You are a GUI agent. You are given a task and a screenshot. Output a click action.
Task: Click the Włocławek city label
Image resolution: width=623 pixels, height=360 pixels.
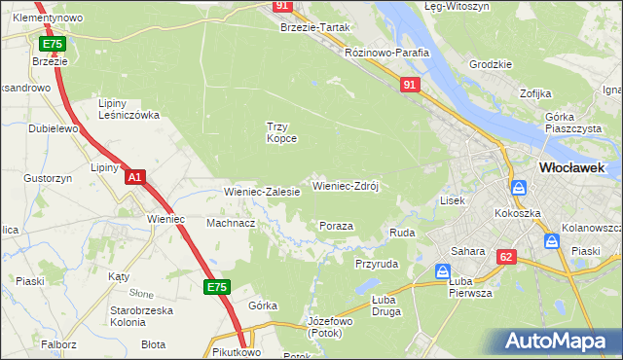click(x=571, y=167)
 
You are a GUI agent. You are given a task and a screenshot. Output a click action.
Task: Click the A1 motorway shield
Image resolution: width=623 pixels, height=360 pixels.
click(x=135, y=177)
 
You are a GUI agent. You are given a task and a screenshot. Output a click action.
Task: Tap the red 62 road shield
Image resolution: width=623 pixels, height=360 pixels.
click(x=505, y=257)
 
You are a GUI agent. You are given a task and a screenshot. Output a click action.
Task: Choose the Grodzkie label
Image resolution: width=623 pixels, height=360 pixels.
click(x=490, y=64)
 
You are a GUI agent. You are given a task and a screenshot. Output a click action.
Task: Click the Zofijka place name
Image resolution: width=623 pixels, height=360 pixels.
click(x=535, y=93)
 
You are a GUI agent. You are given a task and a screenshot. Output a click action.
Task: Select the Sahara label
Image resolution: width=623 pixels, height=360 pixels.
click(x=467, y=251)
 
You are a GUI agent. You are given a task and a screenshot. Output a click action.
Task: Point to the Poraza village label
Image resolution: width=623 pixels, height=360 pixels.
click(x=336, y=226)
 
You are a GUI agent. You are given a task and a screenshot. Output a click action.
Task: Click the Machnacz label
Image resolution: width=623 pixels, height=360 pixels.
click(x=231, y=223)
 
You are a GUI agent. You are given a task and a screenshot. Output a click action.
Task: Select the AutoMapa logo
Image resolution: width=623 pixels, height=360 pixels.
click(x=556, y=342)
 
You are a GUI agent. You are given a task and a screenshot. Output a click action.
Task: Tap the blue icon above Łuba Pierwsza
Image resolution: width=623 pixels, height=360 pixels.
click(x=443, y=271)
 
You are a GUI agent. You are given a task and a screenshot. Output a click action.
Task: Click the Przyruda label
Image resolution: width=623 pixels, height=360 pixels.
click(x=377, y=264)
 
